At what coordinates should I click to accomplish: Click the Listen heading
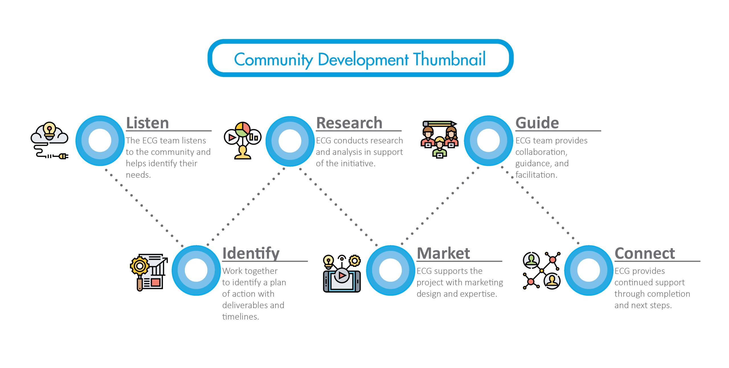[x=147, y=123]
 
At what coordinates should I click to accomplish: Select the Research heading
[x=349, y=123]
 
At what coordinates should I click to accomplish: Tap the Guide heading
[x=537, y=123]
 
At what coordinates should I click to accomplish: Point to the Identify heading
[x=251, y=253]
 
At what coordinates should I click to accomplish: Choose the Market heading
[x=443, y=253]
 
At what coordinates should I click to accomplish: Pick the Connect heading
[x=645, y=253]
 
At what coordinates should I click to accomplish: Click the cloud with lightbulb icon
[x=50, y=134]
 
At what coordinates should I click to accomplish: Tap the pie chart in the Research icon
[x=242, y=129]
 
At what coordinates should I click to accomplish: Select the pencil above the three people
[x=439, y=124]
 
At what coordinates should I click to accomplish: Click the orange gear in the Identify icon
[x=140, y=266]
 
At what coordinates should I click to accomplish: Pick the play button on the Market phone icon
[x=342, y=275]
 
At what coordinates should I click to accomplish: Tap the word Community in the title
[x=273, y=60]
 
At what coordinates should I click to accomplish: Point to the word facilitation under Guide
[x=536, y=175]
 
